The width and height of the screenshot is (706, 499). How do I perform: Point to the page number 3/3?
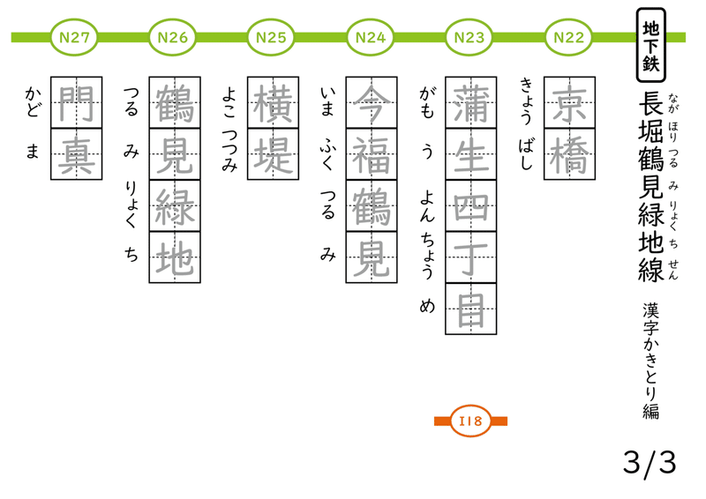point(649,461)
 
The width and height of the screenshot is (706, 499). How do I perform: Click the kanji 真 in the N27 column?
point(76,153)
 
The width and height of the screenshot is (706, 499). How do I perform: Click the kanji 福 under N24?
point(371,153)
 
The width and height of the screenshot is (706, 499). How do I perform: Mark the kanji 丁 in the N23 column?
point(469,257)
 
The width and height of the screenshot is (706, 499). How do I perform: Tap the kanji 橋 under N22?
point(568,153)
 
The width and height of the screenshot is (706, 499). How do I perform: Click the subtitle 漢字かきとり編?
point(651,361)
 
